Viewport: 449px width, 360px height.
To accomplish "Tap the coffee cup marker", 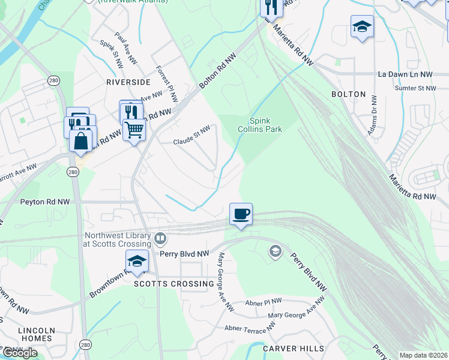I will click(x=241, y=214).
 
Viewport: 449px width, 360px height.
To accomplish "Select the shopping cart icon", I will click(x=134, y=130).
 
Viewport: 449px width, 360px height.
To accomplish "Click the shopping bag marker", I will click(x=81, y=142).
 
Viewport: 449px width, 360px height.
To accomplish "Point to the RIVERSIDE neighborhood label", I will click(x=128, y=82).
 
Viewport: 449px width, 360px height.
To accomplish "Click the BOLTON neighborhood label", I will click(x=348, y=94).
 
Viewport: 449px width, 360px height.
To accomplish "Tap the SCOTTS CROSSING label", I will click(x=173, y=284).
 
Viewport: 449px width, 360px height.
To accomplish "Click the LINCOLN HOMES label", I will click(x=37, y=334).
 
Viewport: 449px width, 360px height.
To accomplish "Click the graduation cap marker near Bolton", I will click(x=362, y=26).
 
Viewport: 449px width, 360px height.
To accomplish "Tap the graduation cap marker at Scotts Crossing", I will click(x=137, y=261).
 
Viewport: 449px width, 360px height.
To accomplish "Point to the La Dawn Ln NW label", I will click(x=405, y=74).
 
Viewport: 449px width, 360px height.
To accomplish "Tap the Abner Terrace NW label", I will click(x=250, y=326).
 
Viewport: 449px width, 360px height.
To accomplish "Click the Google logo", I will click(x=20, y=353).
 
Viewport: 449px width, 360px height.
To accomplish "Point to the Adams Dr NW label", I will click(x=373, y=115).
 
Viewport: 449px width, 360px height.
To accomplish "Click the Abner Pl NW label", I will click(x=264, y=301).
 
